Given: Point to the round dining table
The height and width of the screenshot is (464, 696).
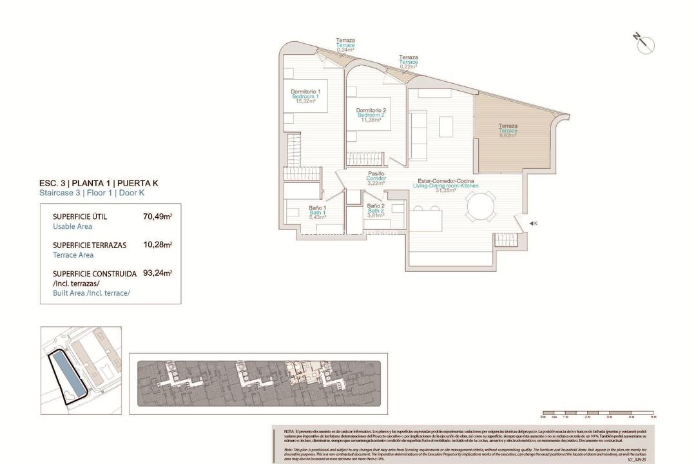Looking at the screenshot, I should click(x=481, y=208).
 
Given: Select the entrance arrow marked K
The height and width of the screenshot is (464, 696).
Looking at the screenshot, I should click(x=532, y=223).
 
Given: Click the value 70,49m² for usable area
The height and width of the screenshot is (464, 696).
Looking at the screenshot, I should click(x=157, y=217).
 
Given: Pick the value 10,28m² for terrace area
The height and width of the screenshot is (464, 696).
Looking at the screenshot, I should click(x=157, y=246).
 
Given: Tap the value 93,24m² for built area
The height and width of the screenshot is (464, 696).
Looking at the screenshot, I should click(x=157, y=274).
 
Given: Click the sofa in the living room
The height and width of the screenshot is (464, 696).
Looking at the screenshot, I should click(x=418, y=135).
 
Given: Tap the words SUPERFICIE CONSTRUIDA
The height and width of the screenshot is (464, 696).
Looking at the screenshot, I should click(x=94, y=274).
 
